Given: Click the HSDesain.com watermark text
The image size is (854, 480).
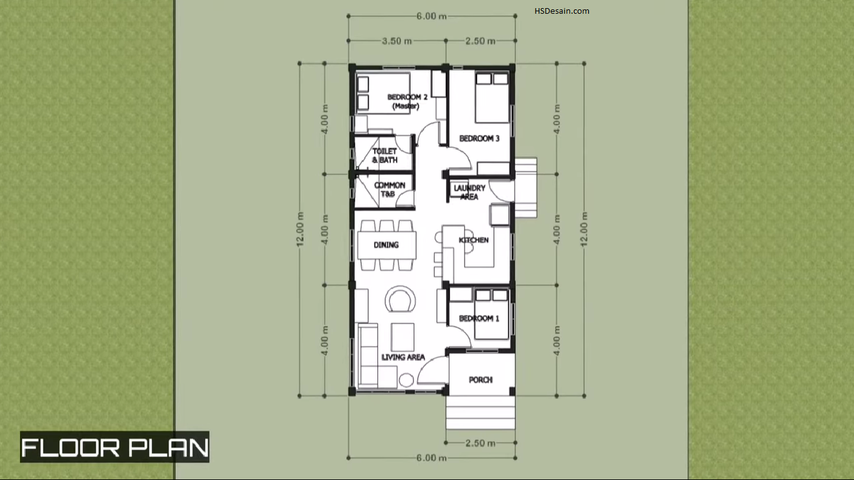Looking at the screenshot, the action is pos(561,11).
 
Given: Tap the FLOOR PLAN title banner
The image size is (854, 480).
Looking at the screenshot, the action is pos(115,447).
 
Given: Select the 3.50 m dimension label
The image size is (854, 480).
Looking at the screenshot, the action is pos(397,41).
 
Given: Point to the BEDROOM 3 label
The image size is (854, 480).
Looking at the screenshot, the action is pos(480,138).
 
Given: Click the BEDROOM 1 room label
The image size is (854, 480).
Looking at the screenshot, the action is pos(479,318).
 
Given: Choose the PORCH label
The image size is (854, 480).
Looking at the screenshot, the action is pos(480,380).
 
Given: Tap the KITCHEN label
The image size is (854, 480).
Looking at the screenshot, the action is pos(473,240).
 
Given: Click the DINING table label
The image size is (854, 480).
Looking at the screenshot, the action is pos(386,245).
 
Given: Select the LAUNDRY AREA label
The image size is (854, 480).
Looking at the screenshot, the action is pos(470,192).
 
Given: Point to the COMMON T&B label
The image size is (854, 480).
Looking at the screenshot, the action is pos(389,189).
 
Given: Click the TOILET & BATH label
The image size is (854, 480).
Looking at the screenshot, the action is pos(384,156).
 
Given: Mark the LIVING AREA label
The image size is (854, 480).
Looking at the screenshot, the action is pos(403,357).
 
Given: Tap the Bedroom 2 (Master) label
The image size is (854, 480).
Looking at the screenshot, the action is pos(407,101).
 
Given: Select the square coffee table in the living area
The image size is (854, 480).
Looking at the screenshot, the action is pos(403,337).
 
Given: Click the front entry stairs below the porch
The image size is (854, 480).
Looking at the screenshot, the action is pos(480,412).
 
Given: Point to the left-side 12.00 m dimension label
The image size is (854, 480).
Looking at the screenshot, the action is pos(301,229).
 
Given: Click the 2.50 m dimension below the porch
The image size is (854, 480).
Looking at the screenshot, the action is pos(480,443).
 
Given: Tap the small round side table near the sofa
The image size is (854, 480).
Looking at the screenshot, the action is pos(406,380).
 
